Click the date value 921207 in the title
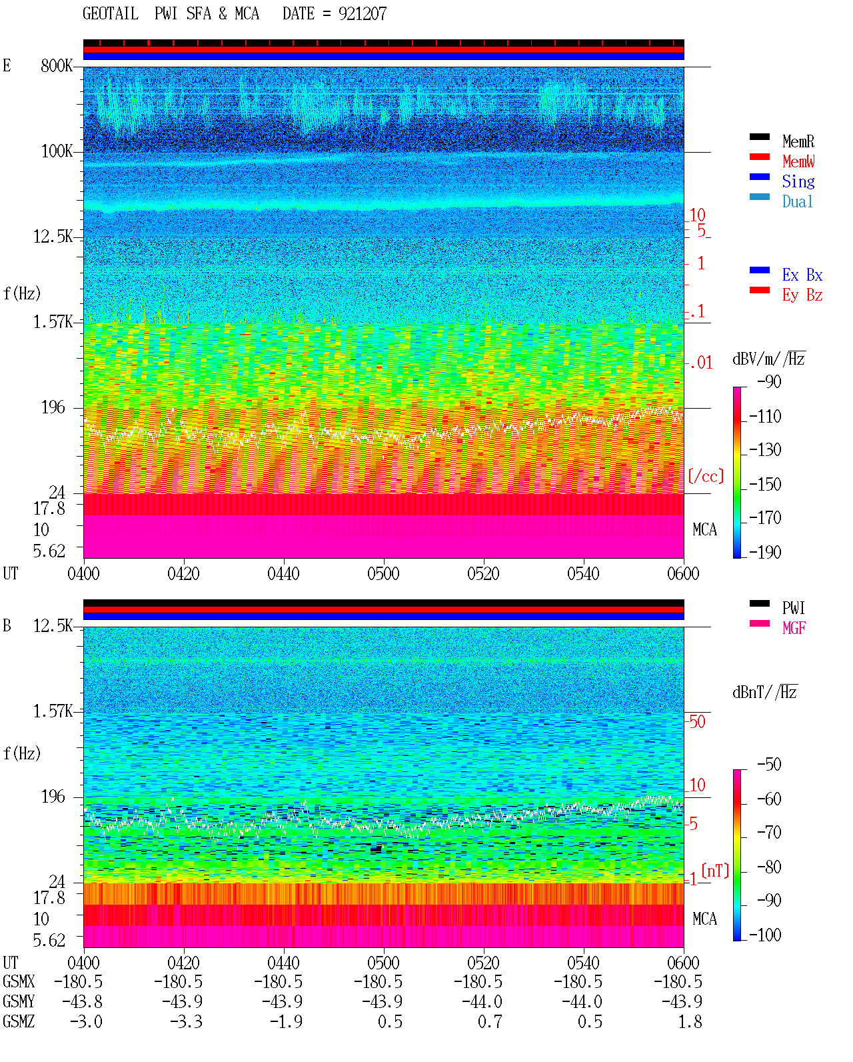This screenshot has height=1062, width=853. tap(362, 14)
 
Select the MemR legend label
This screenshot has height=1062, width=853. tap(798, 141)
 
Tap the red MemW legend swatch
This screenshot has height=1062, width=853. tap(759, 157)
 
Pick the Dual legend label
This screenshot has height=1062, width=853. tap(797, 202)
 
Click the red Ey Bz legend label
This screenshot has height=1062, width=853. tap(802, 295)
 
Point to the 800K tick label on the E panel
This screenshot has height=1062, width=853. tap(57, 65)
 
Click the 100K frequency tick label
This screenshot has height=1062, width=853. tap(57, 151)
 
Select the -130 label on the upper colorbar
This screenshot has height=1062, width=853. tap(765, 450)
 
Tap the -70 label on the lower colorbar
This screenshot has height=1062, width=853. tap(769, 833)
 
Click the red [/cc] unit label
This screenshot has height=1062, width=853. tap(706, 476)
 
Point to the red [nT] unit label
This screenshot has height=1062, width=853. tap(715, 871)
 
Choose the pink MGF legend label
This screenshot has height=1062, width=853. tap(794, 628)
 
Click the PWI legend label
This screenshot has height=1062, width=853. tap(793, 608)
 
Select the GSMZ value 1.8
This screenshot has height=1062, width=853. tap(690, 1021)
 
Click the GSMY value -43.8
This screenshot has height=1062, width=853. tap(82, 1002)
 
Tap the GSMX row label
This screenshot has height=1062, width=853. tap(19, 981)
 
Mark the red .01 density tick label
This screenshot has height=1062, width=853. tap(701, 363)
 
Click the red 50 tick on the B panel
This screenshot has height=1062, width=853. tap(697, 722)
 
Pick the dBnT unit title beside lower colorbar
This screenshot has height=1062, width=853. tap(764, 693)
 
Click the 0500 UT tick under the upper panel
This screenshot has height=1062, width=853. tap(383, 574)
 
